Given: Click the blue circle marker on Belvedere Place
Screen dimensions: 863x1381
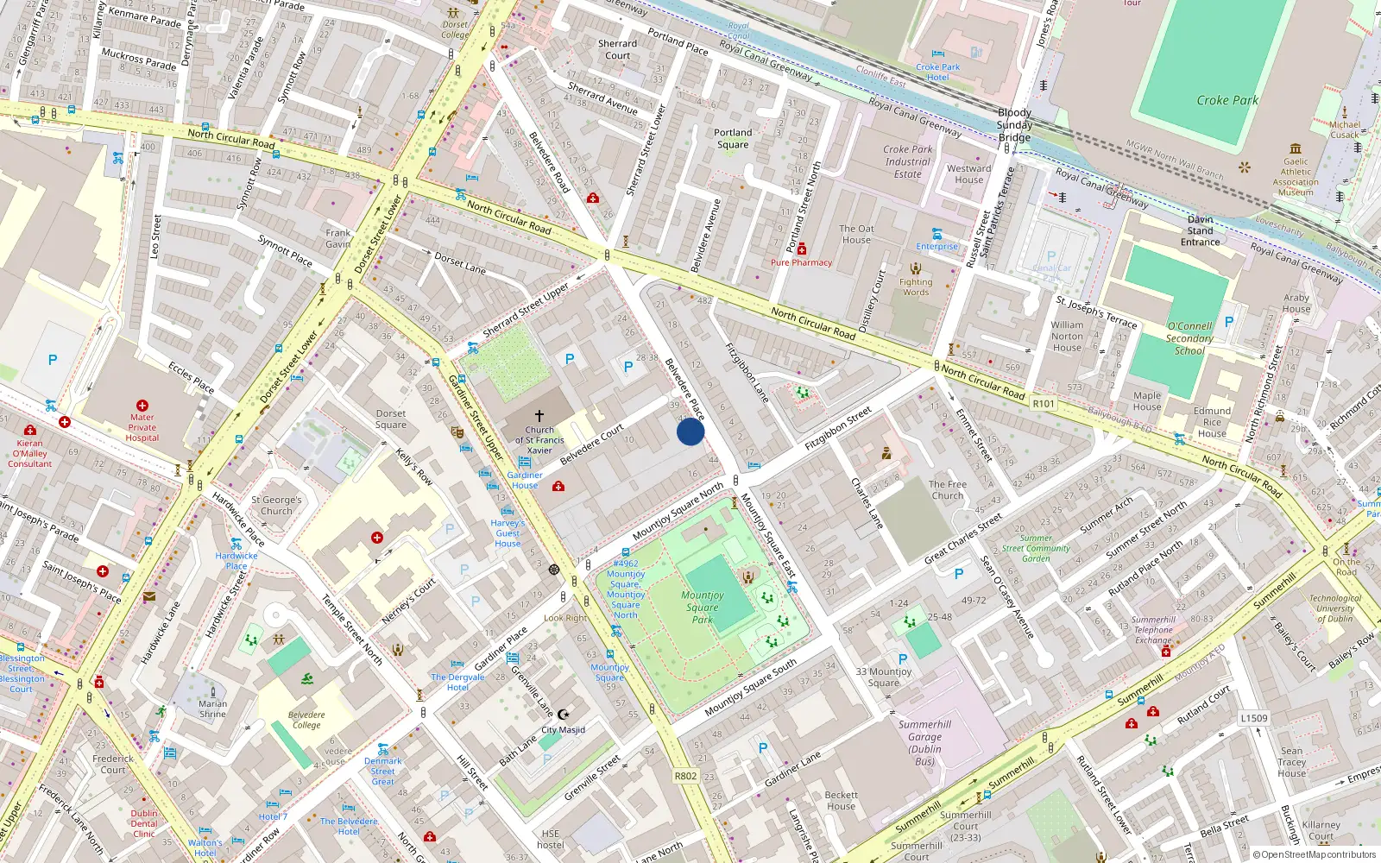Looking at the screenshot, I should [x=690, y=431].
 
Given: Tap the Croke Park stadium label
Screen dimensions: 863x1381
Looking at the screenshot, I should [x=1227, y=101].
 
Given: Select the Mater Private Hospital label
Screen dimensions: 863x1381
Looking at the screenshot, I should [x=142, y=427].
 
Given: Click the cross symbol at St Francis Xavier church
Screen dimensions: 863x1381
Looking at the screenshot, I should [x=539, y=416].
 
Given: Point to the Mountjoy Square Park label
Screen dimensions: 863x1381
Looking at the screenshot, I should [x=703, y=607].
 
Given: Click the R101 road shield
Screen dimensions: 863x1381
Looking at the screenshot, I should [x=1044, y=403].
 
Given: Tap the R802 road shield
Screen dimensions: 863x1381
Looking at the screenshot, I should [x=685, y=776].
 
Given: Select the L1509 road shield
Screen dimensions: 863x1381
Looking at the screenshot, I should [x=1254, y=718].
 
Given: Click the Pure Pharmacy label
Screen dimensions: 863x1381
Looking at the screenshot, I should [x=801, y=262].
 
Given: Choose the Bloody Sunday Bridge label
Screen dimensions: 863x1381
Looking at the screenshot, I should [x=1015, y=125].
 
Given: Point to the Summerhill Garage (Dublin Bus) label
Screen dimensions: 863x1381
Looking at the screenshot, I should [x=924, y=743].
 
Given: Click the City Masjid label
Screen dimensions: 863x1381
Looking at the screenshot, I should [x=563, y=729].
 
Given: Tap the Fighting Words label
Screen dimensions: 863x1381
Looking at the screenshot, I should [x=916, y=287].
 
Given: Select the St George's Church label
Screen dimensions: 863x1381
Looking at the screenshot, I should [x=276, y=505].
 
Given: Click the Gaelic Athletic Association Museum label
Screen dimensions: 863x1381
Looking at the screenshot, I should [x=1296, y=177].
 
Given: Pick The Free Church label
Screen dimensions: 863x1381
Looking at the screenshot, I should [x=948, y=489].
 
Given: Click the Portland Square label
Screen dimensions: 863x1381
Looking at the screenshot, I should [x=733, y=138].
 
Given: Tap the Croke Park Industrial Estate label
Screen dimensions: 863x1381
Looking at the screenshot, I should [x=908, y=161].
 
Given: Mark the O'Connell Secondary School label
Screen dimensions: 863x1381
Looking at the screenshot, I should [x=1189, y=338].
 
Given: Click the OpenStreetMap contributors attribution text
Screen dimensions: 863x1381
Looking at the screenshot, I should [x=1315, y=854].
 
